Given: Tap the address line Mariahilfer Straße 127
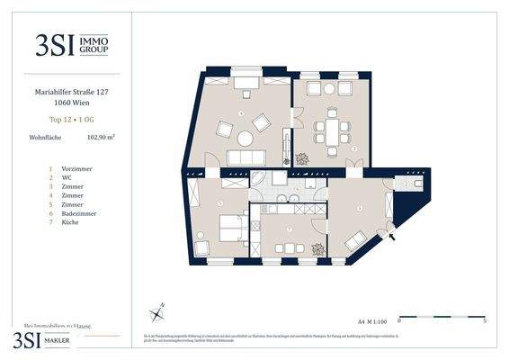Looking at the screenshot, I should [x=70, y=91].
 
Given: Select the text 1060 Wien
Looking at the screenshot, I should [x=70, y=102].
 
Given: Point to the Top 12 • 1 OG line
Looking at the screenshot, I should [x=70, y=119].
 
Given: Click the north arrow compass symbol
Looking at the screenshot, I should [x=157, y=312].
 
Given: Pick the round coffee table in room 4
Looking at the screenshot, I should [x=245, y=138].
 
